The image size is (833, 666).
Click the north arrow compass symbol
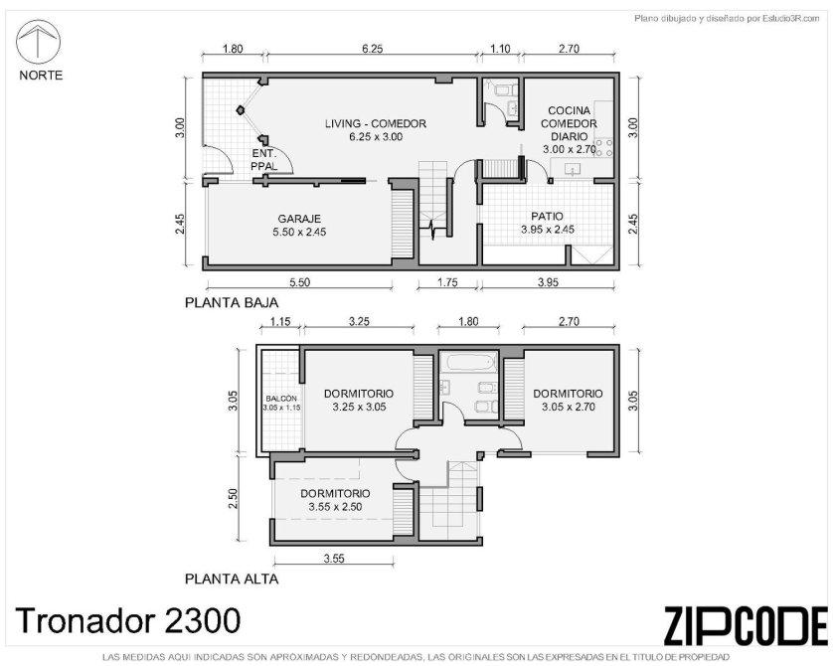[x=38, y=43]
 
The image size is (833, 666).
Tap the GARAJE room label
[x=299, y=219]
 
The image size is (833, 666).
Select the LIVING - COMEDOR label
[x=376, y=123]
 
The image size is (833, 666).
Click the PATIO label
[x=547, y=217]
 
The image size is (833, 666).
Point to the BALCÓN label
[x=281, y=399]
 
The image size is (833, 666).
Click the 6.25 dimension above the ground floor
[x=373, y=49]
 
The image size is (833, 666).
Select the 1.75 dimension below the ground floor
[x=447, y=282]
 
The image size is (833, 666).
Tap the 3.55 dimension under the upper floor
[x=334, y=559]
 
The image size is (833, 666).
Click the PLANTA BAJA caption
[x=232, y=303]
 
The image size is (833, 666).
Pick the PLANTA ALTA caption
[x=232, y=579]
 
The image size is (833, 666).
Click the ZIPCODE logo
[x=746, y=625]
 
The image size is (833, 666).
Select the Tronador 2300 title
[x=128, y=620]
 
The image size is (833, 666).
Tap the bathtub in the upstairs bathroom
[x=468, y=363]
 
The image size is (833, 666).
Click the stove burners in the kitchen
[x=603, y=148]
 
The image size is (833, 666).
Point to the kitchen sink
[x=573, y=170]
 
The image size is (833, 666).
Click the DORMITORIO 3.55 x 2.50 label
[x=335, y=500]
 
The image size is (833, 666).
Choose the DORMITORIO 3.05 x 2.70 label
[x=568, y=400]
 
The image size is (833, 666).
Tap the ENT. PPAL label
[x=264, y=160]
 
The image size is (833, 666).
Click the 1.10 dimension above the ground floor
[x=500, y=49]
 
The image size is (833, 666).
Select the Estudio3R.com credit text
[x=727, y=19]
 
